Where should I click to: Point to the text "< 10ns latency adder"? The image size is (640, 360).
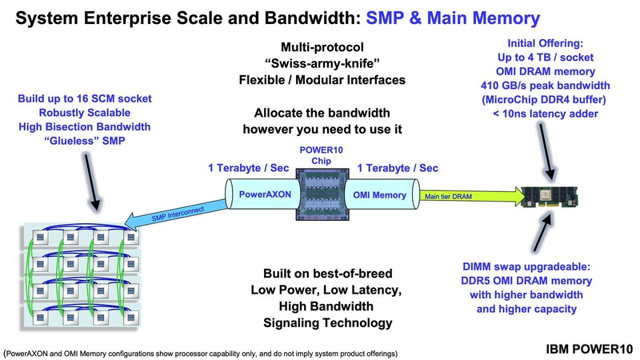[546, 114]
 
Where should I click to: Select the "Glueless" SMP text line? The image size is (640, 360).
[95, 142]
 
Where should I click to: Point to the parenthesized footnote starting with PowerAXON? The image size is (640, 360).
[201, 352]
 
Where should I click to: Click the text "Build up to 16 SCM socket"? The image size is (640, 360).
[95, 99]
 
